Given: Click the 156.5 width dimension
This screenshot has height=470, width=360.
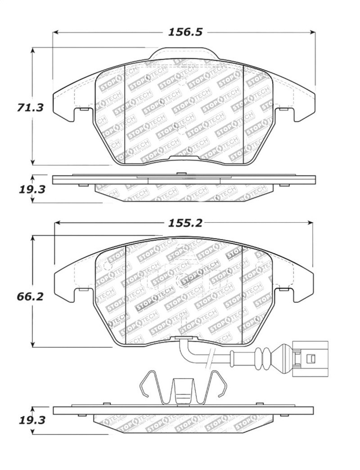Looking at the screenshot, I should click(x=185, y=32).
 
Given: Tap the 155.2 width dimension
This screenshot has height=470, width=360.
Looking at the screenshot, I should click(x=185, y=222).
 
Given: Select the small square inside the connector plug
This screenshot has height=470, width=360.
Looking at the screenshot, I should click(x=311, y=358).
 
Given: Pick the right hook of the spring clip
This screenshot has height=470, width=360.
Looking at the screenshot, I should click(x=220, y=385).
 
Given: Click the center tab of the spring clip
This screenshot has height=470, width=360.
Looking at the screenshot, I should click(x=183, y=391).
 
